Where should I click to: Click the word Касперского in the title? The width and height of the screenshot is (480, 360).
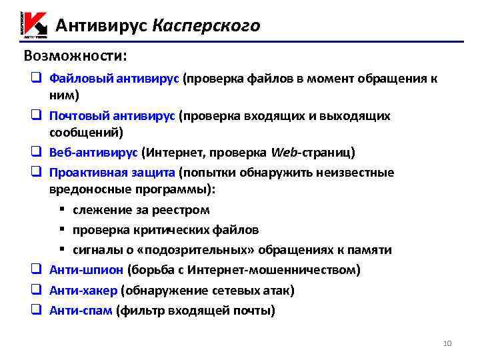(206, 25)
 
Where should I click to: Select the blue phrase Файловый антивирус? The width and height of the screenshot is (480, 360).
(114, 79)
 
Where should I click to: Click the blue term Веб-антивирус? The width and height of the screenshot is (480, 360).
(93, 152)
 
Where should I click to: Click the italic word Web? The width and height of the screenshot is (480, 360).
(285, 152)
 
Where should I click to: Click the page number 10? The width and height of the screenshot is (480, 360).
(447, 343)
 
